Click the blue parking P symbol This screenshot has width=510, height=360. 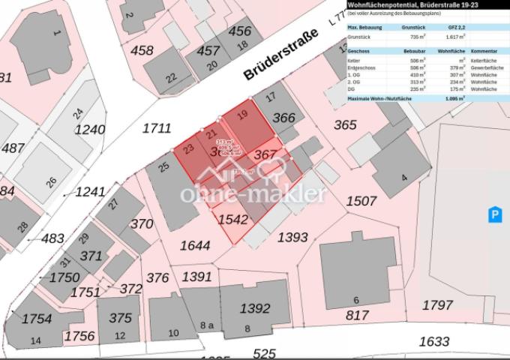coord(494,215)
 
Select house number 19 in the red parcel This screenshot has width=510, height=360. coord(241,115)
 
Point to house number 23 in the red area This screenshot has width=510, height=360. coord(189,148)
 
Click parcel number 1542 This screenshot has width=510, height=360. coord(232,220)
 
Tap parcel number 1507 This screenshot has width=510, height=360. coord(361,200)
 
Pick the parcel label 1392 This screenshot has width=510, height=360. coord(255,307)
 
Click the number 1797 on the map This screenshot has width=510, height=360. coord(437,304)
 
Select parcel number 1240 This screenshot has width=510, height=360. coord(90,130)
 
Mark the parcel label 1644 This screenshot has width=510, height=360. coord(195,245)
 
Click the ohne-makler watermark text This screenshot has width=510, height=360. coord(253,194)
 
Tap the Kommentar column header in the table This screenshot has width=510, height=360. coord(484,49)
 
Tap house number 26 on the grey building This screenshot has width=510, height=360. coord(51,181)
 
